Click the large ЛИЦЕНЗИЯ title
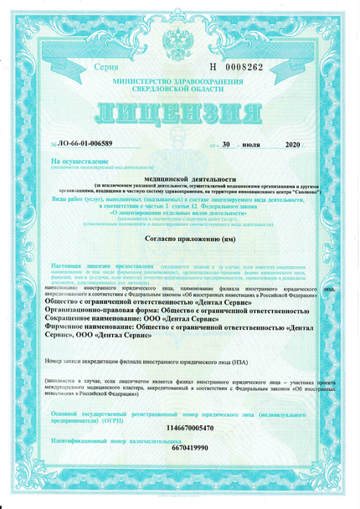(179, 112)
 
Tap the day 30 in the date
(226, 145)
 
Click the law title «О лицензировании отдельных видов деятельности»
(179, 213)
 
